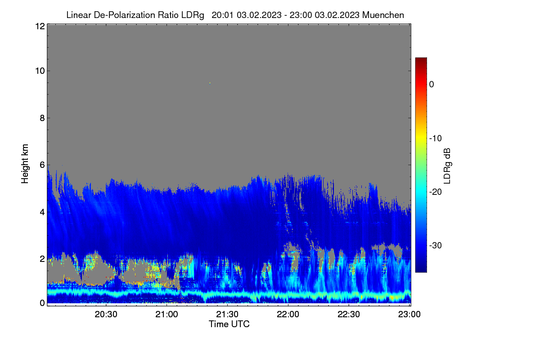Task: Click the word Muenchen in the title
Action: coord(383,15)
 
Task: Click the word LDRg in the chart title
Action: coord(193,15)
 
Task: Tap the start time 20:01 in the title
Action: coord(222,15)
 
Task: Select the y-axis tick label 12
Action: coord(40,26)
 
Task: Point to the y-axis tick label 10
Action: coord(40,71)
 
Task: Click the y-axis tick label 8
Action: coord(42,118)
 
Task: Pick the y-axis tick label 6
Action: coord(42,165)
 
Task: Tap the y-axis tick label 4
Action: coord(42,212)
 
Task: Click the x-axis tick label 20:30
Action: coord(106,314)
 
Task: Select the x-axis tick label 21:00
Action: coord(166,314)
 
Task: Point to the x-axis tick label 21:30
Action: coord(227,314)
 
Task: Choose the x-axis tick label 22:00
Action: coord(288,314)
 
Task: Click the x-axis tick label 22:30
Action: coord(349,314)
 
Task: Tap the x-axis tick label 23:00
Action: coord(409,314)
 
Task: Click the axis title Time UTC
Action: coord(229,324)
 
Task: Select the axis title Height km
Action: coord(25,164)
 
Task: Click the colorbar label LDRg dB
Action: coord(447,166)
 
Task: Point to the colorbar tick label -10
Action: coord(436,139)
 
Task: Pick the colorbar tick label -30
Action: coord(436,245)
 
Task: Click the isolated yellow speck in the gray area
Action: coord(210,83)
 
